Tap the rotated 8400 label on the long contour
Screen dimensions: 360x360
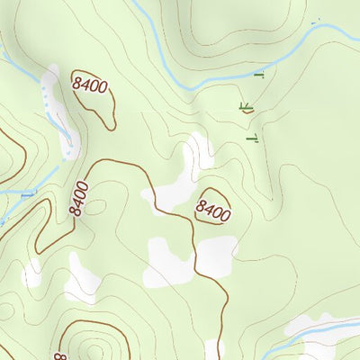[x=79, y=198]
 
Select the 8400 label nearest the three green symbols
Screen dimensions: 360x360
[x=213, y=212]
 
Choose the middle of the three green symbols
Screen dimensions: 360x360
[x=245, y=107]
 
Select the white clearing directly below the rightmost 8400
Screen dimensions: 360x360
[x=216, y=254]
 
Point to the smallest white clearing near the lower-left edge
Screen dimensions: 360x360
[x=33, y=273]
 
